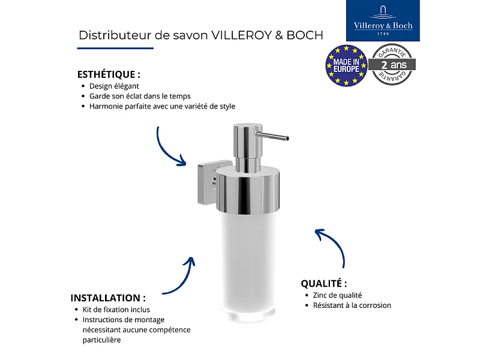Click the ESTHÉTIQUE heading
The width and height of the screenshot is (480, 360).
109,75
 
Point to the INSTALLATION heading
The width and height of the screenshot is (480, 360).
108,298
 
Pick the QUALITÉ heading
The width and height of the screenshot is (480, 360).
324,284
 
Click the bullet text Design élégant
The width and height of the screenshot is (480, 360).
114,86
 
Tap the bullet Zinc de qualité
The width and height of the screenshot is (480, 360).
337,295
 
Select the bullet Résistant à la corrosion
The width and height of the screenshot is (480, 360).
352,305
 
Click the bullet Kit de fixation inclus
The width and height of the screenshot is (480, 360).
116,310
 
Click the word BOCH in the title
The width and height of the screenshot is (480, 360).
305,35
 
